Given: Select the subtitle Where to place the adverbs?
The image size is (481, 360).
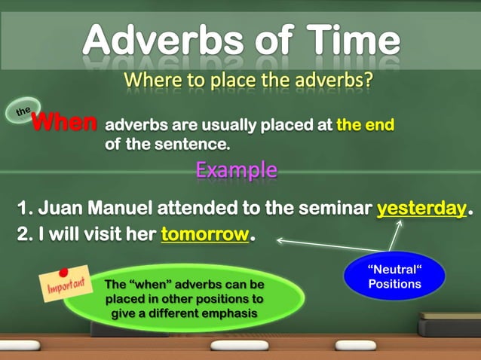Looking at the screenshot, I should (x=248, y=79).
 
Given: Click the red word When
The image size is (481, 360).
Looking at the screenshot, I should (x=66, y=123).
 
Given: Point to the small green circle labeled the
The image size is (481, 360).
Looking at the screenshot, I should (x=23, y=111).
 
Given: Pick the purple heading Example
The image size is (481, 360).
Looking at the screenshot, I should (x=236, y=169).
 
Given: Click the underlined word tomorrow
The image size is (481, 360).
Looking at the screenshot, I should (x=204, y=234).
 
